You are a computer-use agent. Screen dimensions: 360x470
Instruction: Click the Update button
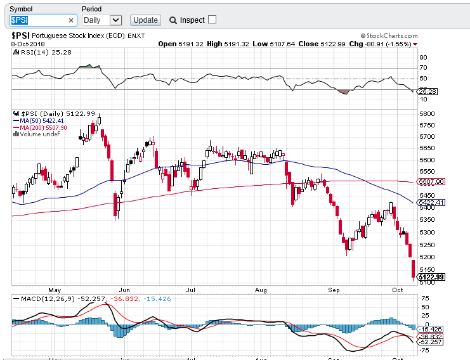pos(145,20)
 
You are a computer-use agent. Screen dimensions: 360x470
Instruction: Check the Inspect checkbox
pos(212,20)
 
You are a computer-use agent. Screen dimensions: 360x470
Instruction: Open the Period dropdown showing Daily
pos(101,20)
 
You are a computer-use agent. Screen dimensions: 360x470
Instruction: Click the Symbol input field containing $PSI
pos(37,20)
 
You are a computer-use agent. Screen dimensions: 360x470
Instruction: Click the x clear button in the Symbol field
pos(71,20)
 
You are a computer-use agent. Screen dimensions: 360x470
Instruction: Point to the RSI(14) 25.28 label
pos(36,52)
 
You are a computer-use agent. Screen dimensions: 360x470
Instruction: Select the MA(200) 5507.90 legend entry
pos(44,127)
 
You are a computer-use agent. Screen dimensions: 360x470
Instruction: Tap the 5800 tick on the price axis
pos(426,113)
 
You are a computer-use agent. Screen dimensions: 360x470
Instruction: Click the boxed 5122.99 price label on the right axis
pos(431,276)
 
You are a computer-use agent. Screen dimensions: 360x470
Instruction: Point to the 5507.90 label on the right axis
pos(431,181)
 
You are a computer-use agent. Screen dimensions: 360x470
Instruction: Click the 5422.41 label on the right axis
pos(431,202)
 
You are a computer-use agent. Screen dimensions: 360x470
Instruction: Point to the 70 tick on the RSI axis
pos(422,67)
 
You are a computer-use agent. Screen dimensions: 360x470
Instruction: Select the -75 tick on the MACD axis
pos(423,349)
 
